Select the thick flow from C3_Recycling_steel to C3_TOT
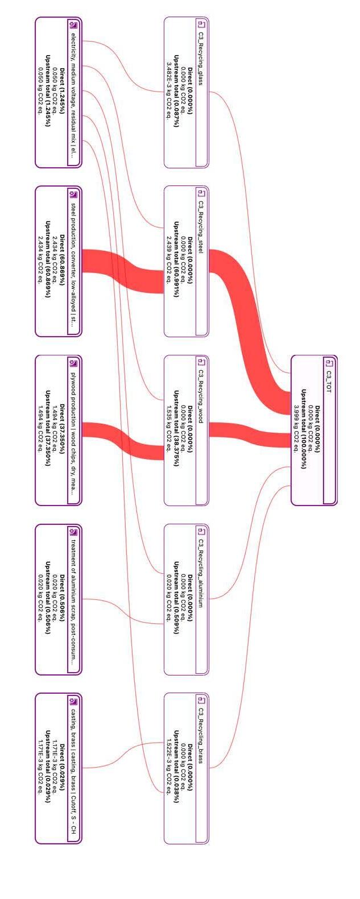coord(250,318)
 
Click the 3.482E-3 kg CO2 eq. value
coord(169,92)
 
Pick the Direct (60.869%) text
coord(62,261)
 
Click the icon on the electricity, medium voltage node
coord(73,24)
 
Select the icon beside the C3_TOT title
coord(329,363)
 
